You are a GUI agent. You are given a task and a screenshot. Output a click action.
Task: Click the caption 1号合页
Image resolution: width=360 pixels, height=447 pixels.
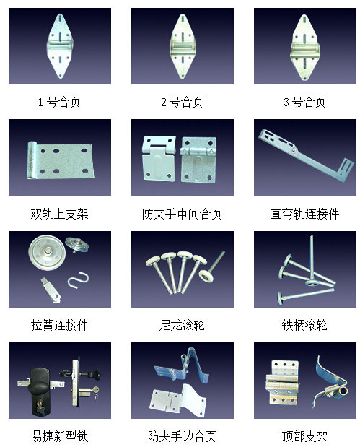coord(59,102)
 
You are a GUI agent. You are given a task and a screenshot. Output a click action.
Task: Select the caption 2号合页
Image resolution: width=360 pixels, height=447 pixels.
coord(182,102)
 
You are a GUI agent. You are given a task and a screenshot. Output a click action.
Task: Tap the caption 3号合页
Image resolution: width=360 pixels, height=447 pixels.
coord(304,102)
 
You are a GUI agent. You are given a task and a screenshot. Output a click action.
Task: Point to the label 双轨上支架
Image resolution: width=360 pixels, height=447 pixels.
coord(60,214)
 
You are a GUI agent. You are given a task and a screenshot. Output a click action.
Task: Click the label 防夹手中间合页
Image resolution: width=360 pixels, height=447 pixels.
coord(182,214)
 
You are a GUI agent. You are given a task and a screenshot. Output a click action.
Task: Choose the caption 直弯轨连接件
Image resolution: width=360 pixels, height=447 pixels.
coord(304,214)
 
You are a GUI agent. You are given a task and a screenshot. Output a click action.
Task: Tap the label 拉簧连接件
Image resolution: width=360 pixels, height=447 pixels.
coord(60,325)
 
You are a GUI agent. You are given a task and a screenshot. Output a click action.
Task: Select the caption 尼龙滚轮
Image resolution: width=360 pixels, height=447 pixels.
coord(182,325)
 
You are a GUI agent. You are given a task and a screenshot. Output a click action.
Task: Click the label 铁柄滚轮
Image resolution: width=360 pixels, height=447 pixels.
coord(304,325)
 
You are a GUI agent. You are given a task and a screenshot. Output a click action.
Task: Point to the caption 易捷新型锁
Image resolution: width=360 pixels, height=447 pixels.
coord(60,436)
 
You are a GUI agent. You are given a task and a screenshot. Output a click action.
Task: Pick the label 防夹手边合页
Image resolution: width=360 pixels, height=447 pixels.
coord(182,436)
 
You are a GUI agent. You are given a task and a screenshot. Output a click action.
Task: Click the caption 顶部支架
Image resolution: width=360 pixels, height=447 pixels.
coord(304,436)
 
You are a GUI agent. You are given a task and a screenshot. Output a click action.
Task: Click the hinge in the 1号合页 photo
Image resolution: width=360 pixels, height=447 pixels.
coord(60,45)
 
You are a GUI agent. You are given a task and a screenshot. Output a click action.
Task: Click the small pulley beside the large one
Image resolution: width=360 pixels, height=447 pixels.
coord(77,245)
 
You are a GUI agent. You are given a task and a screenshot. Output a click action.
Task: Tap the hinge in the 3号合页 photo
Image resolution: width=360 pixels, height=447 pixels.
coord(304,48)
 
